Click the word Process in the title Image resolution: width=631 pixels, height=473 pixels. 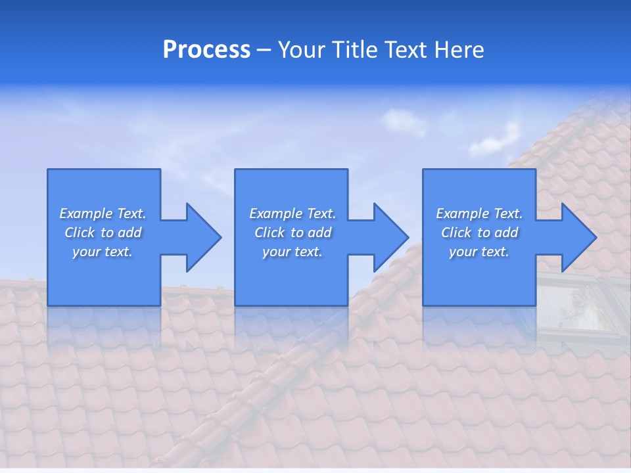click(x=206, y=50)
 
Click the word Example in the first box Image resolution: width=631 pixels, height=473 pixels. click(x=86, y=214)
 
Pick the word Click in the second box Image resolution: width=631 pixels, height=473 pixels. click(x=269, y=233)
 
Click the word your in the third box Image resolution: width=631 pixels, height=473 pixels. click(x=463, y=252)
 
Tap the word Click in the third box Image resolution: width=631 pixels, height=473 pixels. click(x=456, y=233)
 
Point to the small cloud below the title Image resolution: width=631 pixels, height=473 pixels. click(x=402, y=122)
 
